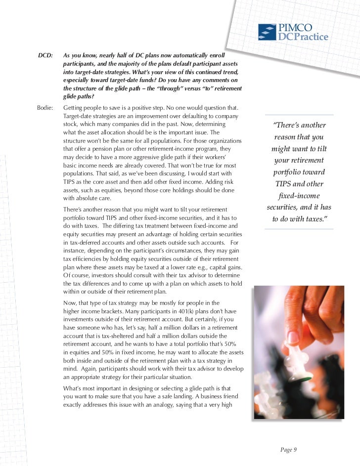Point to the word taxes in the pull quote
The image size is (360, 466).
click(x=310, y=218)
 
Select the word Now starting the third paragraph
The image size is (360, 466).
click(x=71, y=302)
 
